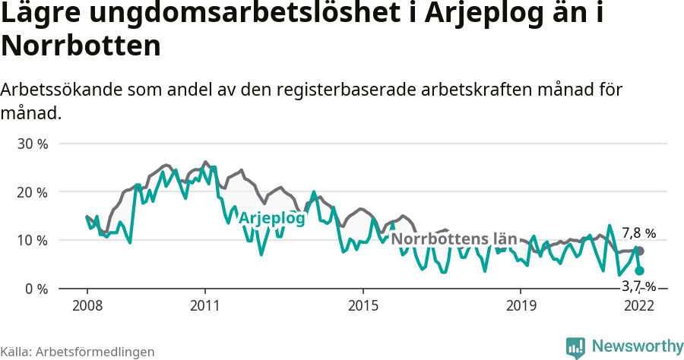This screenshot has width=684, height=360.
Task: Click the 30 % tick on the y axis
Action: (x=32, y=144)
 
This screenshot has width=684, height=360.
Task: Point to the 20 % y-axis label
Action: (x=32, y=192)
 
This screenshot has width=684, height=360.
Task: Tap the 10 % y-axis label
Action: (x=32, y=241)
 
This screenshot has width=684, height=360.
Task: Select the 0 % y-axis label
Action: (x=35, y=289)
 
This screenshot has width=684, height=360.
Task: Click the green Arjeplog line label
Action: (x=272, y=218)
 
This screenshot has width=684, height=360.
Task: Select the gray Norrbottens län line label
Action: (x=454, y=239)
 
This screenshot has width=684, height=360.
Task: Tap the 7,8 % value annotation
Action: (x=638, y=233)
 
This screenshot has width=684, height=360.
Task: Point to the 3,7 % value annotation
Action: (x=638, y=286)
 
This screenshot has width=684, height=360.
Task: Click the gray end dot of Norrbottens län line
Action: (x=640, y=251)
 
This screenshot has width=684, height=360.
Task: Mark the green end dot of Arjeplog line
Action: (x=640, y=270)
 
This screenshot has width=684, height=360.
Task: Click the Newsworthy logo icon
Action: (x=575, y=347)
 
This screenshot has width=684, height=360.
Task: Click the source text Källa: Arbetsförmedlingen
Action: (x=78, y=352)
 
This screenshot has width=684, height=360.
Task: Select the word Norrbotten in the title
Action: (x=81, y=46)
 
